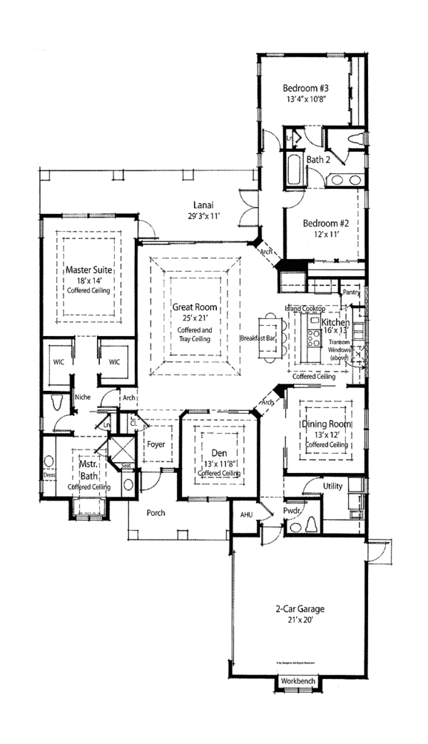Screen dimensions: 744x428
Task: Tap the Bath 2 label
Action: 318,160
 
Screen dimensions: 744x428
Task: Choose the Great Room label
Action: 195,307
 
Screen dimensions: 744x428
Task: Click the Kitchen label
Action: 336,323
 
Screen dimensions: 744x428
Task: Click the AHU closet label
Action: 246,514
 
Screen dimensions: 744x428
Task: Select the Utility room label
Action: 332,486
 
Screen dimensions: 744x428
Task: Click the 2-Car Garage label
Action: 300,609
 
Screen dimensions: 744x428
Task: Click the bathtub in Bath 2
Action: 293,169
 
